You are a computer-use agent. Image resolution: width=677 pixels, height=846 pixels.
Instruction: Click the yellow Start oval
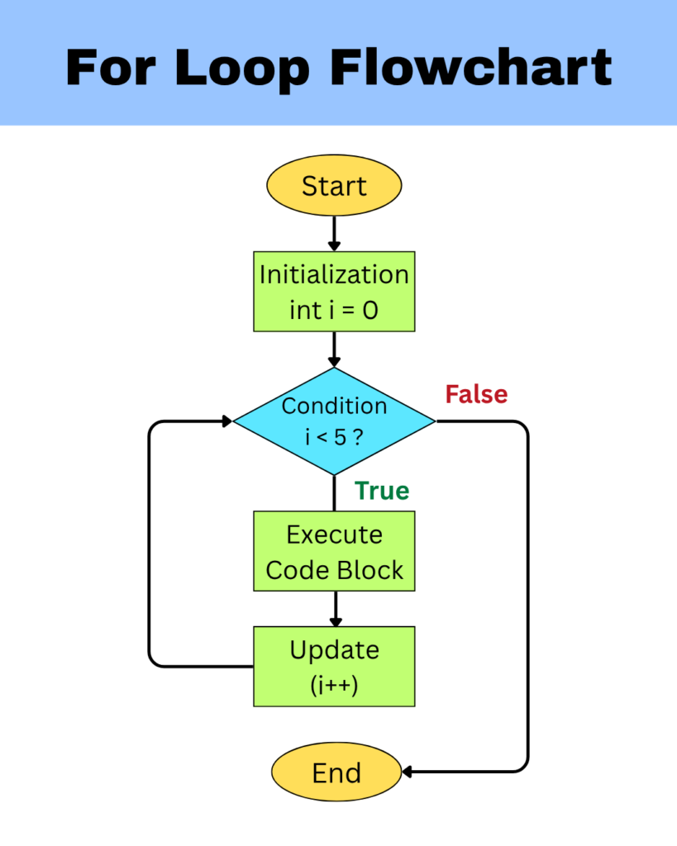(x=334, y=186)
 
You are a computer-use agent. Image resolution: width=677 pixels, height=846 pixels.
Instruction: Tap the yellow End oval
(x=336, y=772)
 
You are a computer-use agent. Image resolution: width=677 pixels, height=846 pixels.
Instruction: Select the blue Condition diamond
(x=334, y=421)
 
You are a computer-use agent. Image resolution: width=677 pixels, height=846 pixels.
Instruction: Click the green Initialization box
(x=334, y=292)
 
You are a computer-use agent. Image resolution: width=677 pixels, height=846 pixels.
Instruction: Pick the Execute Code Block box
(x=334, y=552)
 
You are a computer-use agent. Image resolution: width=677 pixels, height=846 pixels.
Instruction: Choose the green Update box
(x=334, y=667)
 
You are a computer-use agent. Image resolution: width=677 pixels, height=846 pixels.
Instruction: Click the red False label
(x=476, y=394)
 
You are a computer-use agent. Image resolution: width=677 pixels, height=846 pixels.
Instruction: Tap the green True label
(x=382, y=491)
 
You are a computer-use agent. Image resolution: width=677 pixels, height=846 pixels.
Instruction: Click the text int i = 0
(x=334, y=311)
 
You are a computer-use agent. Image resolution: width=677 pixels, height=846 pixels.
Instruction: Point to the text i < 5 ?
(x=334, y=437)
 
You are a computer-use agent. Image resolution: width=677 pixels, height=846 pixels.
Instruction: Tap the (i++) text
(x=334, y=684)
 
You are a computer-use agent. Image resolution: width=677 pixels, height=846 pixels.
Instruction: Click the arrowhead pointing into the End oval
(x=408, y=772)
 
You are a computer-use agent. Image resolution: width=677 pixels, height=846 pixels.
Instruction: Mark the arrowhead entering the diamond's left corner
(x=226, y=421)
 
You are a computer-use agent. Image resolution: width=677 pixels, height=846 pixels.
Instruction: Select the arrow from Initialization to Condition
(x=334, y=349)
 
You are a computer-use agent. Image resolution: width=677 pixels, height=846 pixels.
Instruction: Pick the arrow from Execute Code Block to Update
(x=334, y=609)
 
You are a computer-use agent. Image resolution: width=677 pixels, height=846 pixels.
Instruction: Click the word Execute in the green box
(x=334, y=535)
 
